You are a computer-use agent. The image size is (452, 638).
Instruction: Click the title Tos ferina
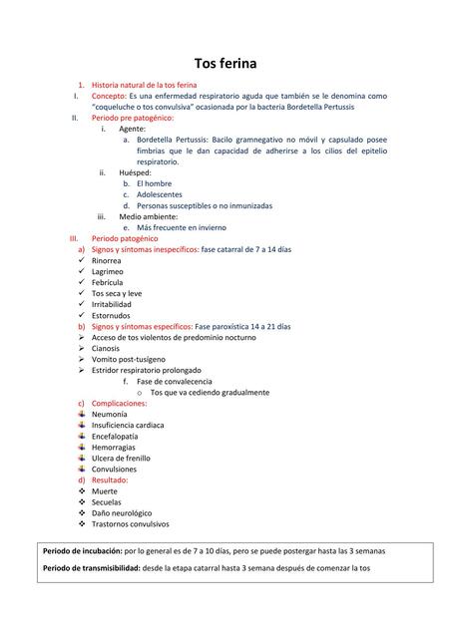tap(225, 64)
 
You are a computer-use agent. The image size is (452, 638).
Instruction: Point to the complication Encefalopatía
tap(115, 436)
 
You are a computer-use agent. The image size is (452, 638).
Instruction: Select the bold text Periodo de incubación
tap(82, 550)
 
